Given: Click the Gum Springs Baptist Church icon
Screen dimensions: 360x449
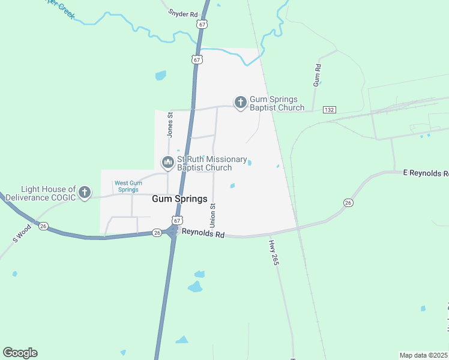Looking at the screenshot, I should point(240,103).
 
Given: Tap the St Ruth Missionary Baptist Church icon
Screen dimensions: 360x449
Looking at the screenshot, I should point(168,162).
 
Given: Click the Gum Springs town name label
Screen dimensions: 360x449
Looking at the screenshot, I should point(179,199).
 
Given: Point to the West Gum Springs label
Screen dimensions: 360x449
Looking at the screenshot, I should point(128,186).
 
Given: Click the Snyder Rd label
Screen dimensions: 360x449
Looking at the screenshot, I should point(183,13).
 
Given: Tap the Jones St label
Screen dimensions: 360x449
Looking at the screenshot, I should point(170,124).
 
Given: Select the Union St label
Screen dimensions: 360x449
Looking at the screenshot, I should point(212,214).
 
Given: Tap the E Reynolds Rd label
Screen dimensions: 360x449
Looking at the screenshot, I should point(426,173).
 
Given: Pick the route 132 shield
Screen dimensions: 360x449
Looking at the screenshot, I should point(328,110).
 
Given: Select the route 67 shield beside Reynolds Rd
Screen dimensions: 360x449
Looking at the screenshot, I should point(176,220).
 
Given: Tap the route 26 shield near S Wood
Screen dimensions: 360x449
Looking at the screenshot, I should point(43,227).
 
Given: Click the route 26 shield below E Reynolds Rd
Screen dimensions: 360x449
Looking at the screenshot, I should point(348,203).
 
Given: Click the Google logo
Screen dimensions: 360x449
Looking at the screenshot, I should point(20,353).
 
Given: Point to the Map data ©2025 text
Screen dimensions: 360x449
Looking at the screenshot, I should point(423,355).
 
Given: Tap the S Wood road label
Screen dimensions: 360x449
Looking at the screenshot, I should point(22,233).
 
